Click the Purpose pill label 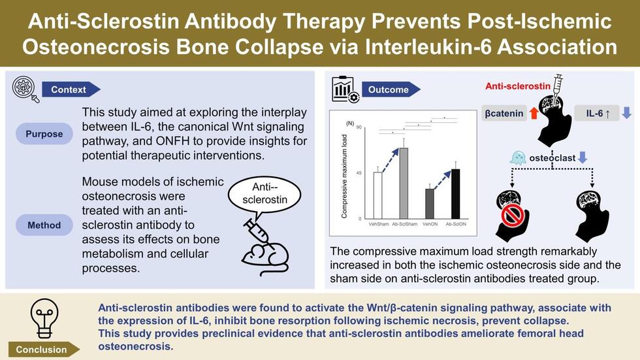(44, 134)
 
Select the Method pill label (44, 225)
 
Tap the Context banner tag (71, 90)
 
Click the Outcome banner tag (391, 90)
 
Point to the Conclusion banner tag (44, 350)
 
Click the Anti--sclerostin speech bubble (264, 195)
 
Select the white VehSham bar (378, 195)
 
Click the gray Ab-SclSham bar (404, 183)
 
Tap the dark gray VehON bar (430, 204)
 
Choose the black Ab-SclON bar (455, 194)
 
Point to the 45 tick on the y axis (359, 173)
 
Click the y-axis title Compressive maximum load (344, 176)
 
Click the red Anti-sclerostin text (517, 86)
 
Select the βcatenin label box (504, 113)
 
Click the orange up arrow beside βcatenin (534, 112)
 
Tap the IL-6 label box (598, 113)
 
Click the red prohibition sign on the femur (513, 215)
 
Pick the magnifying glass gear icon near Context (25, 90)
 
